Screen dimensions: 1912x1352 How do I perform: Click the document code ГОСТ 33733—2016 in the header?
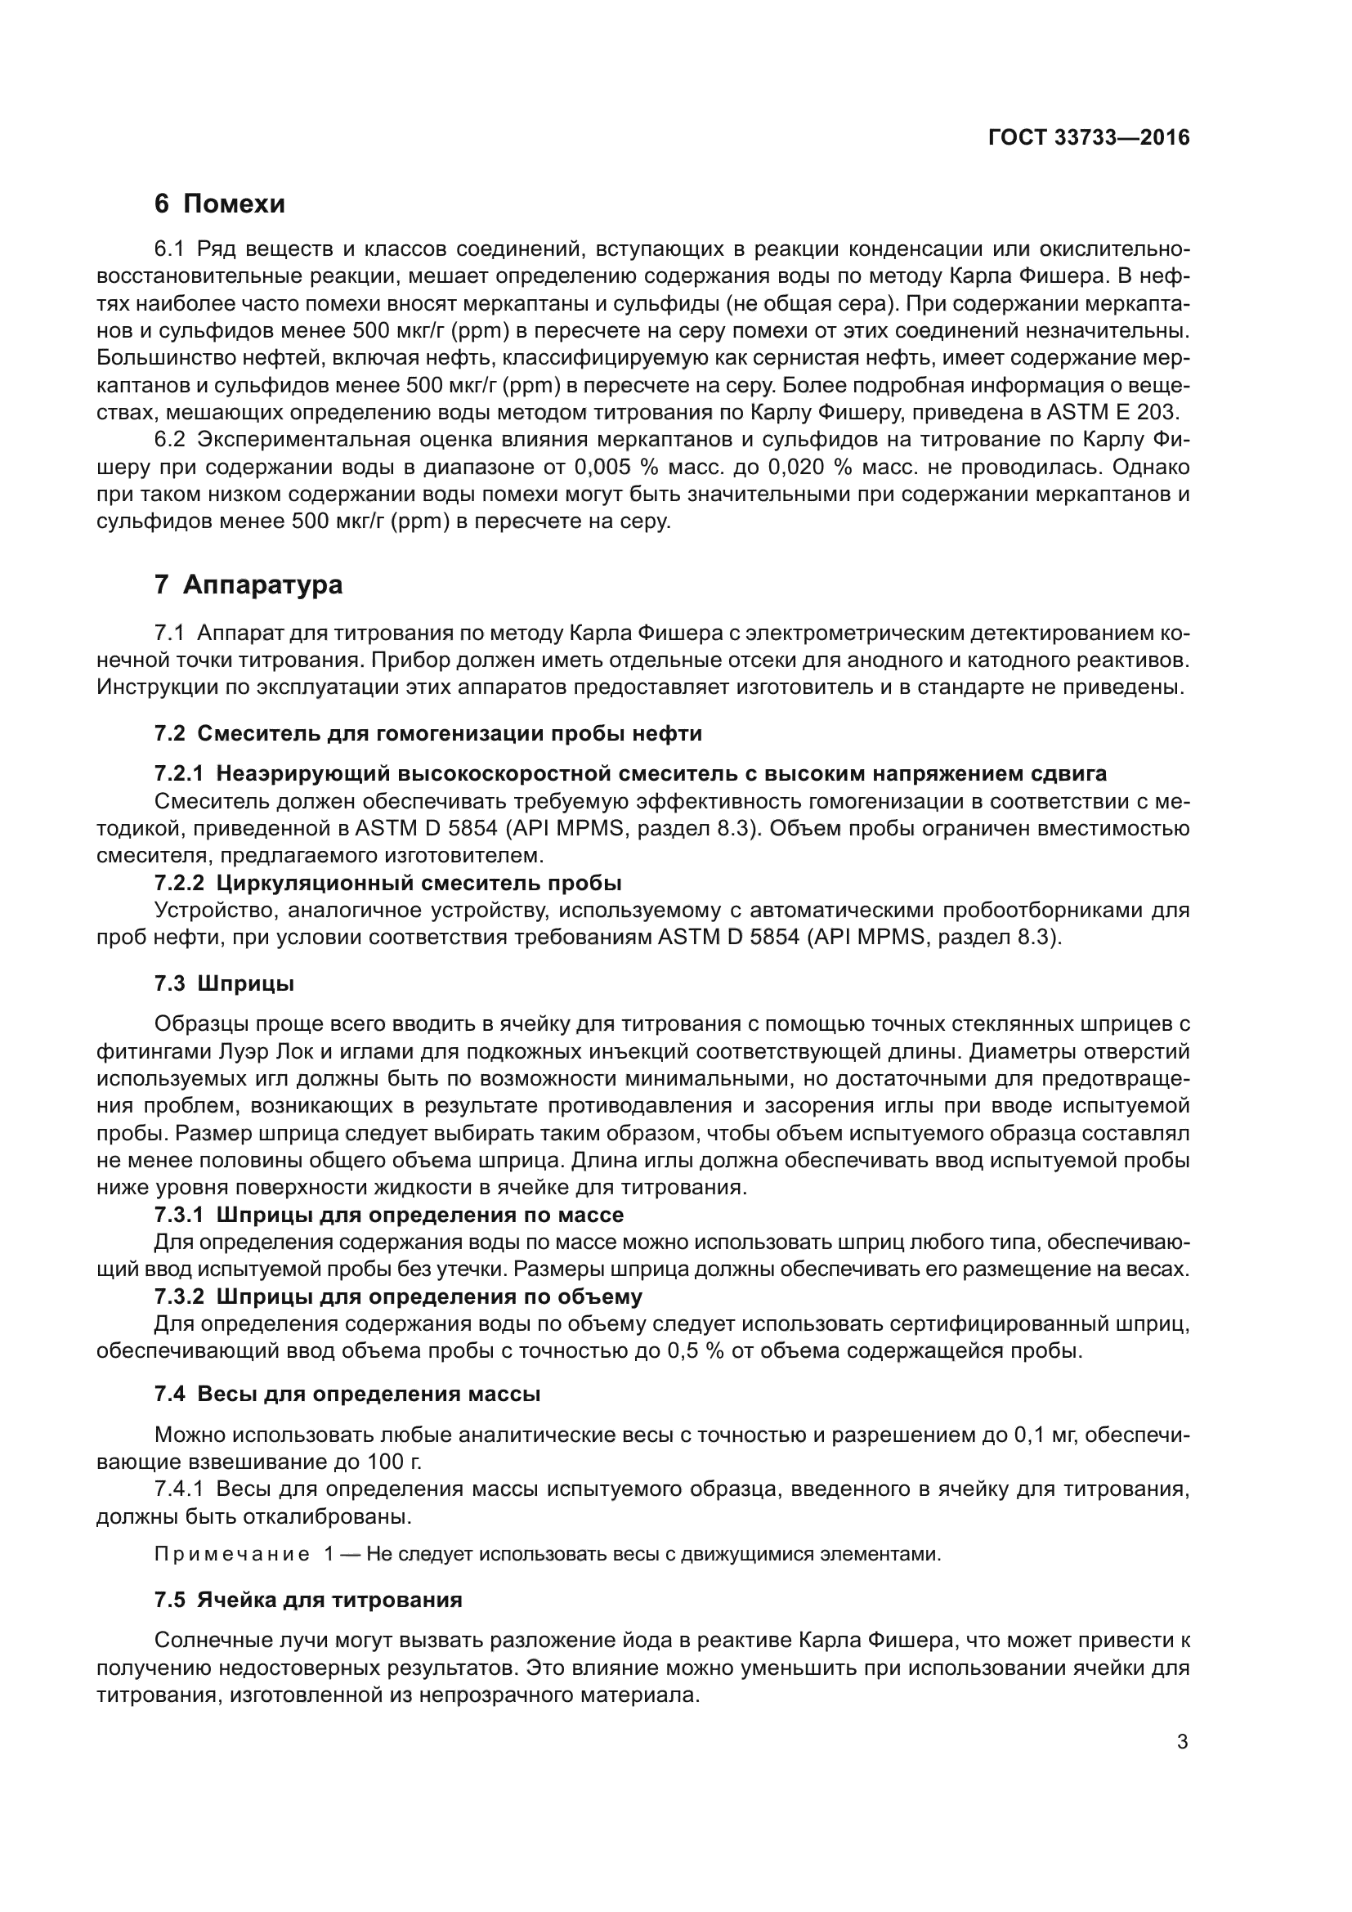[x=1088, y=138]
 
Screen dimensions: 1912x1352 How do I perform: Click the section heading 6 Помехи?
[x=220, y=204]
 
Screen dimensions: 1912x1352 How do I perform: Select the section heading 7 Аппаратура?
[x=248, y=584]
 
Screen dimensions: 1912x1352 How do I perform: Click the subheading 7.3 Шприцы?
[x=225, y=983]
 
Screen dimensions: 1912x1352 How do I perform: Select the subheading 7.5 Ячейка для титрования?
[x=308, y=1600]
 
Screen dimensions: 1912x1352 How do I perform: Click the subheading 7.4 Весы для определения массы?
[x=347, y=1394]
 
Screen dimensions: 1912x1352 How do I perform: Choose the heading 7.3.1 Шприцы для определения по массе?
[x=389, y=1215]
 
